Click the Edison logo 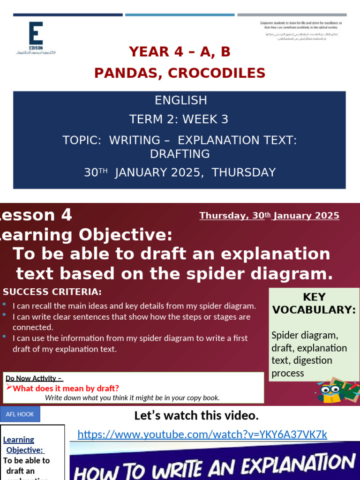pos(36,37)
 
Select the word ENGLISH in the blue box pos(180,100)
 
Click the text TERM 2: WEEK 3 pos(179,120)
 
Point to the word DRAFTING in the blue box pos(180,154)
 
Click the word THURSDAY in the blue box pos(244,172)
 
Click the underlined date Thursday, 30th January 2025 pos(269,216)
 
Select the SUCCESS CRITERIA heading pos(52,292)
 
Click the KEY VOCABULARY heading pos(314,303)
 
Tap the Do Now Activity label pos(34,378)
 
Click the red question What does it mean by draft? pos(66,388)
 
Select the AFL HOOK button pos(20,414)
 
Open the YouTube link pos(202,435)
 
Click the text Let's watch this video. pos(196,415)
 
